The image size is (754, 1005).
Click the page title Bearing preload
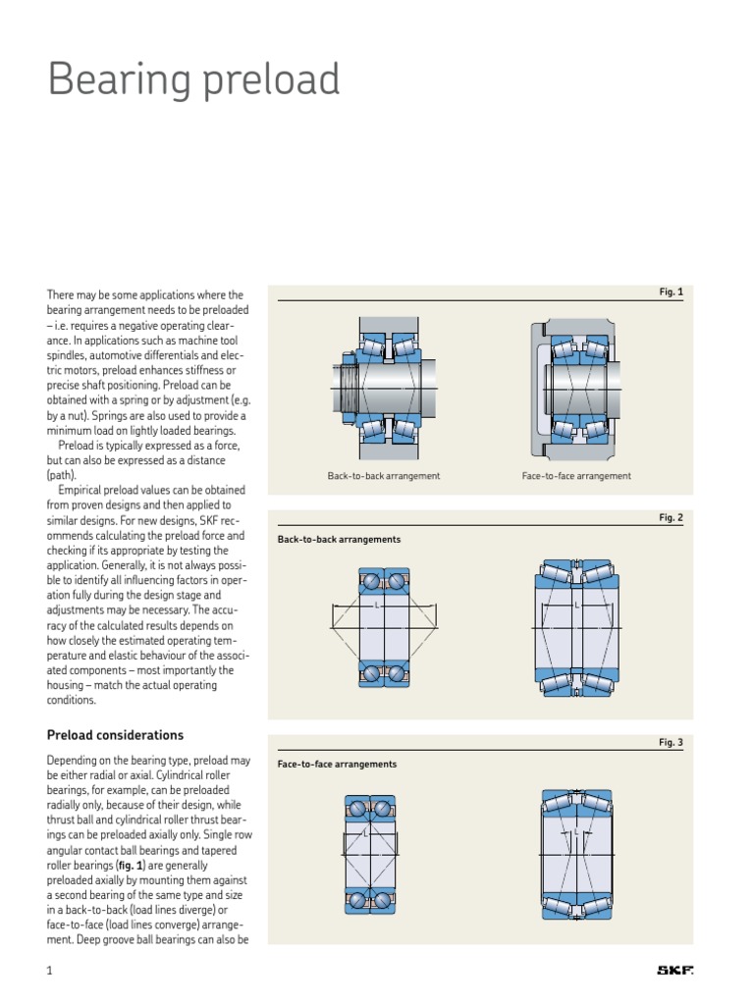(x=194, y=80)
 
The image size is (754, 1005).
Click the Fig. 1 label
(x=671, y=292)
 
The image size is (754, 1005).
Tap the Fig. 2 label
(x=671, y=518)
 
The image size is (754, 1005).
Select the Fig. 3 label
(x=671, y=743)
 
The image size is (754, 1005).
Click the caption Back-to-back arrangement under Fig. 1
(x=384, y=476)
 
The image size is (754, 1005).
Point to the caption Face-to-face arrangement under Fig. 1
(x=576, y=476)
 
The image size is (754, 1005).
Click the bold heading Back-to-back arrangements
(x=340, y=540)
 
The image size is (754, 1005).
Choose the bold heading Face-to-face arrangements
(x=338, y=764)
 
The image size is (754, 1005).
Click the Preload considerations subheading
(x=116, y=735)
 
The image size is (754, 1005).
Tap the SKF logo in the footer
(x=674, y=972)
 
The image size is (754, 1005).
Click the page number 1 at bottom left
(x=48, y=972)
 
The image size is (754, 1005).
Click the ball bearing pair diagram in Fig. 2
(x=384, y=626)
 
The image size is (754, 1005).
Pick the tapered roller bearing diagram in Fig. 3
(x=576, y=851)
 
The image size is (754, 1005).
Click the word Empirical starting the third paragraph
(x=83, y=490)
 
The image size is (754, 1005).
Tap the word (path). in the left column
(x=62, y=475)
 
